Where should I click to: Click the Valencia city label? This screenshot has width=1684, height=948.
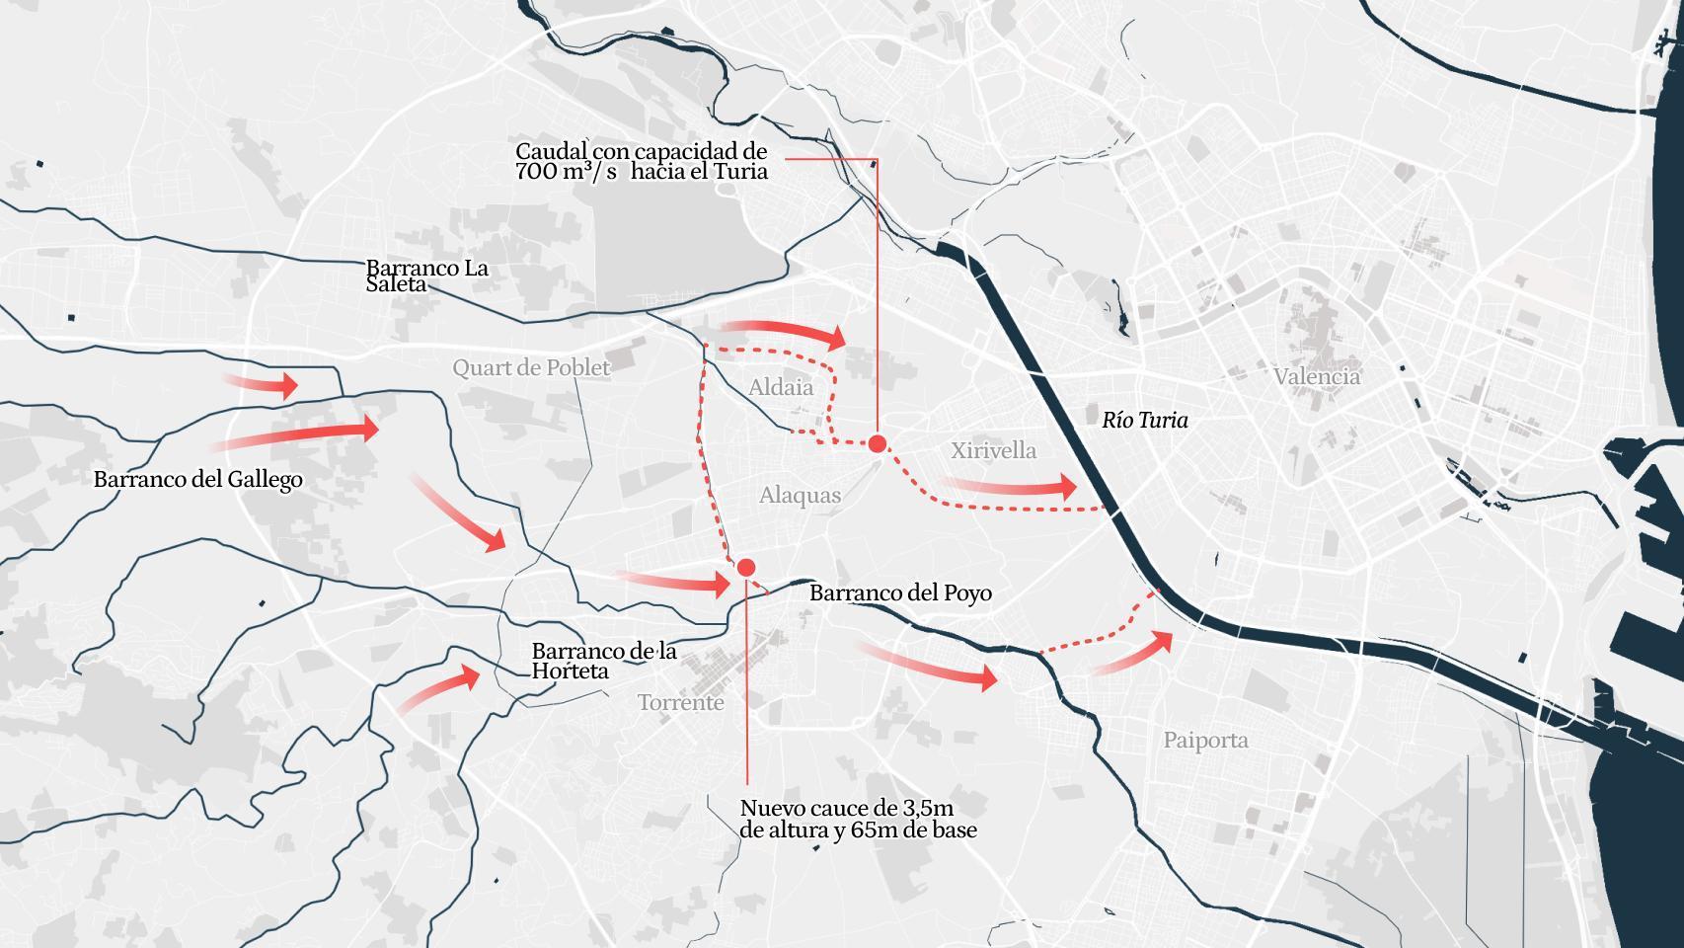1316,376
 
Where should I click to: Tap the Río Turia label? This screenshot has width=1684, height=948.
1144,421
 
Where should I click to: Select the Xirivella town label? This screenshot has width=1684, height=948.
993,450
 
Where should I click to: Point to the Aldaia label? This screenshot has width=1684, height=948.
781,387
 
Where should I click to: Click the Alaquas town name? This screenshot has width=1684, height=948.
800,495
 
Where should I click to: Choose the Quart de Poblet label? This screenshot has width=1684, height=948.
531,368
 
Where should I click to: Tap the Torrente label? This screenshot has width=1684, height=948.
680,703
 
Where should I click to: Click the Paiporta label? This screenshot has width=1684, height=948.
1204,740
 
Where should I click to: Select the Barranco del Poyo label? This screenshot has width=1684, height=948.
900,592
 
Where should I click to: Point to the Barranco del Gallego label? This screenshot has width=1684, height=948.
197,480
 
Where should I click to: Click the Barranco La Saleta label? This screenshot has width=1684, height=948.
426,276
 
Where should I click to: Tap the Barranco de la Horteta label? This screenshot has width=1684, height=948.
603,661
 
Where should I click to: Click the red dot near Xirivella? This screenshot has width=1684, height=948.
877,444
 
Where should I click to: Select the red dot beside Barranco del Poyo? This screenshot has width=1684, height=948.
746,567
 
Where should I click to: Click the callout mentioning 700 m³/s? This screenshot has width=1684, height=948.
641,161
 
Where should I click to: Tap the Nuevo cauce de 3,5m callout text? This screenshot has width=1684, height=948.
858,819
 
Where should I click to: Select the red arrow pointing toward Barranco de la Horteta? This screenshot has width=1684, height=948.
440,688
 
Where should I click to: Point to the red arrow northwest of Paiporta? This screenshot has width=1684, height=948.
1135,655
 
